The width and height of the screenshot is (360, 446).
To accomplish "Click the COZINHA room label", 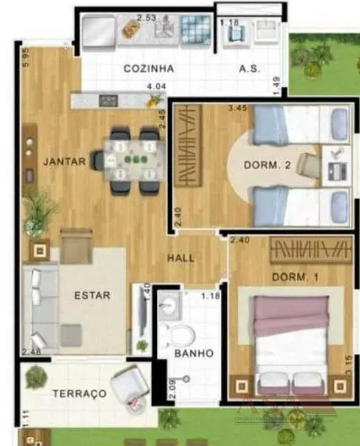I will pos(148,69).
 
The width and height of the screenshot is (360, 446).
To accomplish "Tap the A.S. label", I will pos(248,69).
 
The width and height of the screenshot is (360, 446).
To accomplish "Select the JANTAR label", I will pos(64,163).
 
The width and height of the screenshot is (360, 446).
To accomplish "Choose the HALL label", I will pos(181,259).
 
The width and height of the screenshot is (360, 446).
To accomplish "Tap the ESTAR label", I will pos(93,296).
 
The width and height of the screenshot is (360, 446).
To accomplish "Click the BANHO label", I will pos(194,353).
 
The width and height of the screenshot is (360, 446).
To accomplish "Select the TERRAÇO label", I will pos(79,394).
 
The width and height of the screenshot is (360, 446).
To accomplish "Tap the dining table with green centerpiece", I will pos(130,159).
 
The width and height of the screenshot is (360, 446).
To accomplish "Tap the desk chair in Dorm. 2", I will pos(311,165).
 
